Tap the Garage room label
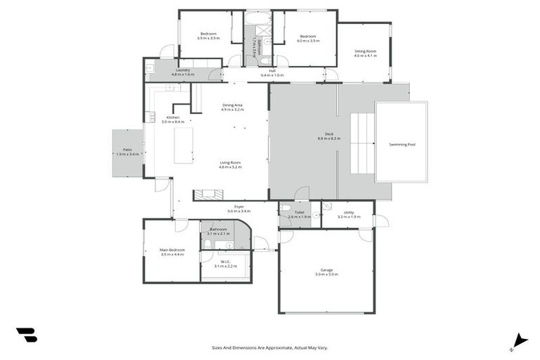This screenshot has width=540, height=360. point(326,269)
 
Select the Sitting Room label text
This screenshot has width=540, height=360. point(365,51)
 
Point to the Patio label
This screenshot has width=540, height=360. point(127,149)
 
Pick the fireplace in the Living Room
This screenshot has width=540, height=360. point(209,195)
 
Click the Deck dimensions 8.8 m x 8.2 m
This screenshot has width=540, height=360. point(328,139)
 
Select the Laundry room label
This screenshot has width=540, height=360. point(184,70)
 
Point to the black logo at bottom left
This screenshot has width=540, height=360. point(26,335)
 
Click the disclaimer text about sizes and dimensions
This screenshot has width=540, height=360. point(270,347)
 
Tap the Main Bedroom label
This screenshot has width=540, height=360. point(172,250)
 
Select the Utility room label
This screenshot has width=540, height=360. point(349,212)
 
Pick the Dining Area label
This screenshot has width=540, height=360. point(232,105)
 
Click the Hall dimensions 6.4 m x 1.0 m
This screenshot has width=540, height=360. point(272,75)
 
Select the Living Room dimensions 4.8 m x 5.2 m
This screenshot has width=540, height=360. point(230,167)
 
